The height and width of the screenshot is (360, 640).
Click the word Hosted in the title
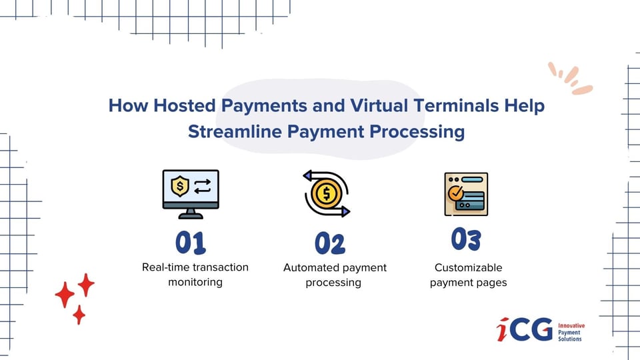click(x=185, y=105)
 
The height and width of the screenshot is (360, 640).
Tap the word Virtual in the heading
click(x=379, y=105)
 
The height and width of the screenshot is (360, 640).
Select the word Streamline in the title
click(x=235, y=131)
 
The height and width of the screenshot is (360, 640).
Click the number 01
click(x=191, y=243)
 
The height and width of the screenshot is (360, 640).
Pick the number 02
click(x=330, y=243)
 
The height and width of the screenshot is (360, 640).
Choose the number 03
click(x=466, y=239)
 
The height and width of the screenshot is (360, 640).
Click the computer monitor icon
click(x=191, y=194)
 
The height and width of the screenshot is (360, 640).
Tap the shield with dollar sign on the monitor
click(x=180, y=187)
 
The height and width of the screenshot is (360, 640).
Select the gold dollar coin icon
click(x=326, y=193)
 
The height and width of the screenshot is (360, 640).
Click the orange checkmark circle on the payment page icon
click(x=455, y=193)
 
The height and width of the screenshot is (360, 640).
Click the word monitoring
click(x=195, y=283)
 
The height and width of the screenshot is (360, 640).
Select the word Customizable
click(x=468, y=268)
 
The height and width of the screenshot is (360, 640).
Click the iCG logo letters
click(x=525, y=329)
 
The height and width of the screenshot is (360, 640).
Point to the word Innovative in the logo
click(x=571, y=326)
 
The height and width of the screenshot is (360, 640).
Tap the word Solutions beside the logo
click(x=570, y=339)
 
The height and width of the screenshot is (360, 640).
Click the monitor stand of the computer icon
click(x=191, y=214)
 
